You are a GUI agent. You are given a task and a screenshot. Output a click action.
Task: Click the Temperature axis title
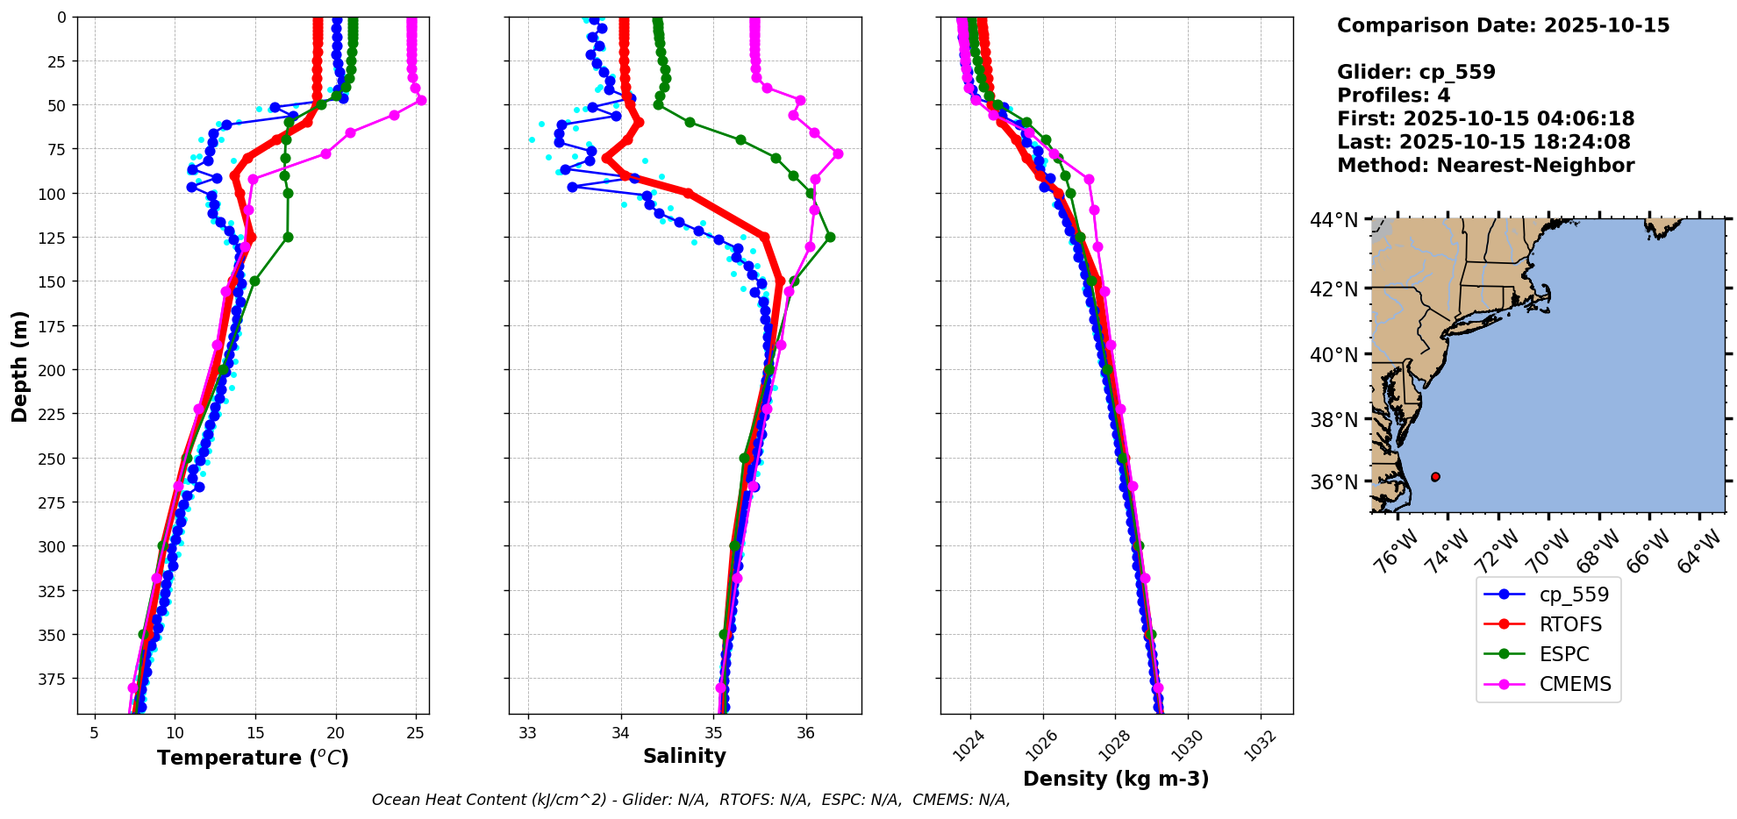click(253, 758)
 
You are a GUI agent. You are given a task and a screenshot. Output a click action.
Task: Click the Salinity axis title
click(684, 756)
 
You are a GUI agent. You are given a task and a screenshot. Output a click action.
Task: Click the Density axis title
click(1116, 779)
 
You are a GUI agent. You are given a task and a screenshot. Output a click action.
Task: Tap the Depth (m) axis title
click(19, 366)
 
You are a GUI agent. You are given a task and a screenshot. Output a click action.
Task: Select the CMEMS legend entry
click(1575, 685)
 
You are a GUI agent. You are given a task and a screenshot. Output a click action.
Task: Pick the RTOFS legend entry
click(1570, 625)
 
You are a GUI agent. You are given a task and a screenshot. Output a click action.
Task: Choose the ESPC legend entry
click(1564, 655)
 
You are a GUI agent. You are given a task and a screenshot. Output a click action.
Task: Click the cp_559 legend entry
click(1574, 595)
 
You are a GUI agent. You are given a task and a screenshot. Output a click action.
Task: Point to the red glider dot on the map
click(1435, 477)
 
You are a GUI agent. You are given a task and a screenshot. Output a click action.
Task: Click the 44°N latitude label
click(1333, 220)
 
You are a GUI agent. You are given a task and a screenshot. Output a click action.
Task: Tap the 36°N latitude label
click(1333, 482)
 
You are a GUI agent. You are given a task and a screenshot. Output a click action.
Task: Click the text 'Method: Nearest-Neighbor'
click(1485, 166)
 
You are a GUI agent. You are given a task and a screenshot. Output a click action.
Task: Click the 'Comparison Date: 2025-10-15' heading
click(1503, 25)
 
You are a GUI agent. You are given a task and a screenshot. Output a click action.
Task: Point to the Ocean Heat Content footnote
click(690, 800)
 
